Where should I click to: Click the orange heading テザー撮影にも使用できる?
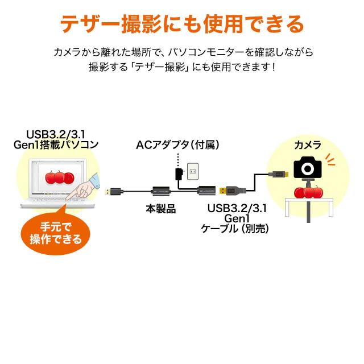[182, 24]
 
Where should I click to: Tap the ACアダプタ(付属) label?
[177, 144]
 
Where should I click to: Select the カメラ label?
[307, 145]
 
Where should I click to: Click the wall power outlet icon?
[193, 171]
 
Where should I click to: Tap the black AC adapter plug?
[179, 172]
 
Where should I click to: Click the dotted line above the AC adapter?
[178, 158]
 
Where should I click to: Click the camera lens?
[308, 168]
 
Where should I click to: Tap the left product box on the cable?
[160, 191]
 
